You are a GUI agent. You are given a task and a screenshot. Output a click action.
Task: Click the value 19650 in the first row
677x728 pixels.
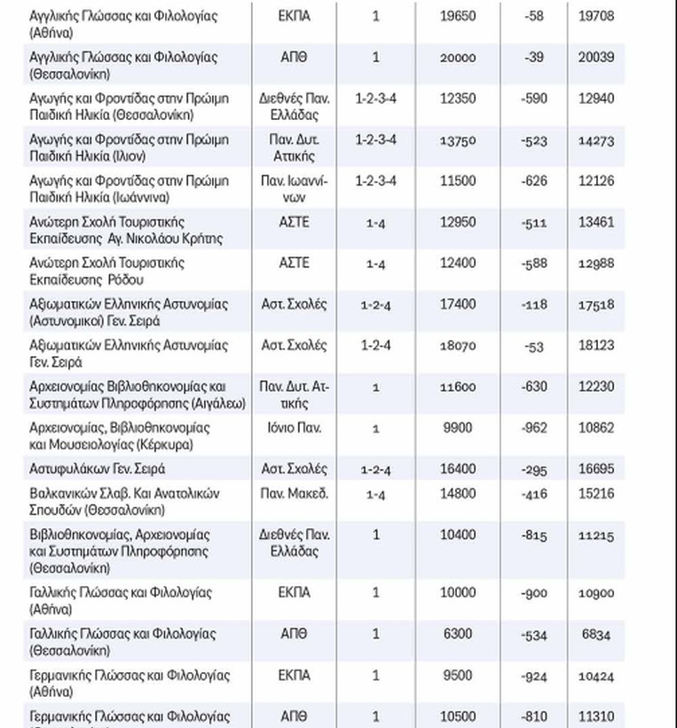[458, 16]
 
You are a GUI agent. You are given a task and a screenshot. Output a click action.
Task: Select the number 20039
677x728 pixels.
[595, 58]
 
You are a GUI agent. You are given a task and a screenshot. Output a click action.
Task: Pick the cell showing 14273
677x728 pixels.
[595, 140]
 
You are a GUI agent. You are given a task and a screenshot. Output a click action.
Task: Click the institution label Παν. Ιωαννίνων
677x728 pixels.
[295, 189]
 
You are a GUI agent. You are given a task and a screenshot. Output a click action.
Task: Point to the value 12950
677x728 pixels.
[458, 222]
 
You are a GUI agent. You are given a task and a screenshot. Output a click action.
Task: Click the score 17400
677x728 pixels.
[458, 305]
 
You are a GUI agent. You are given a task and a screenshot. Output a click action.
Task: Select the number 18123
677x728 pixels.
[595, 345]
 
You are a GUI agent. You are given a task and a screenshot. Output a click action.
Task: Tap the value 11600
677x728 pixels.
[458, 387]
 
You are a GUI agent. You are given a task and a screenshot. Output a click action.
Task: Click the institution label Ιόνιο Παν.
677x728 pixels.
[295, 428]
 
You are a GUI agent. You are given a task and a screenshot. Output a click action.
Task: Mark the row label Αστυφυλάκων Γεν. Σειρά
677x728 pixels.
[98, 469]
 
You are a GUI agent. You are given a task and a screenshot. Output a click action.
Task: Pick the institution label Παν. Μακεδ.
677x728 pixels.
[295, 493]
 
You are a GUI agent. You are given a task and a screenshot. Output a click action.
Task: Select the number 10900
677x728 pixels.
[595, 593]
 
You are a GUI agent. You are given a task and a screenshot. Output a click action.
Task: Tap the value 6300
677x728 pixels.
[458, 634]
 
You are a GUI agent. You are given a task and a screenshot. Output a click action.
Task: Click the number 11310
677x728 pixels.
[595, 716]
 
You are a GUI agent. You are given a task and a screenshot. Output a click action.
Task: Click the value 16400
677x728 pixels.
[458, 469]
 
